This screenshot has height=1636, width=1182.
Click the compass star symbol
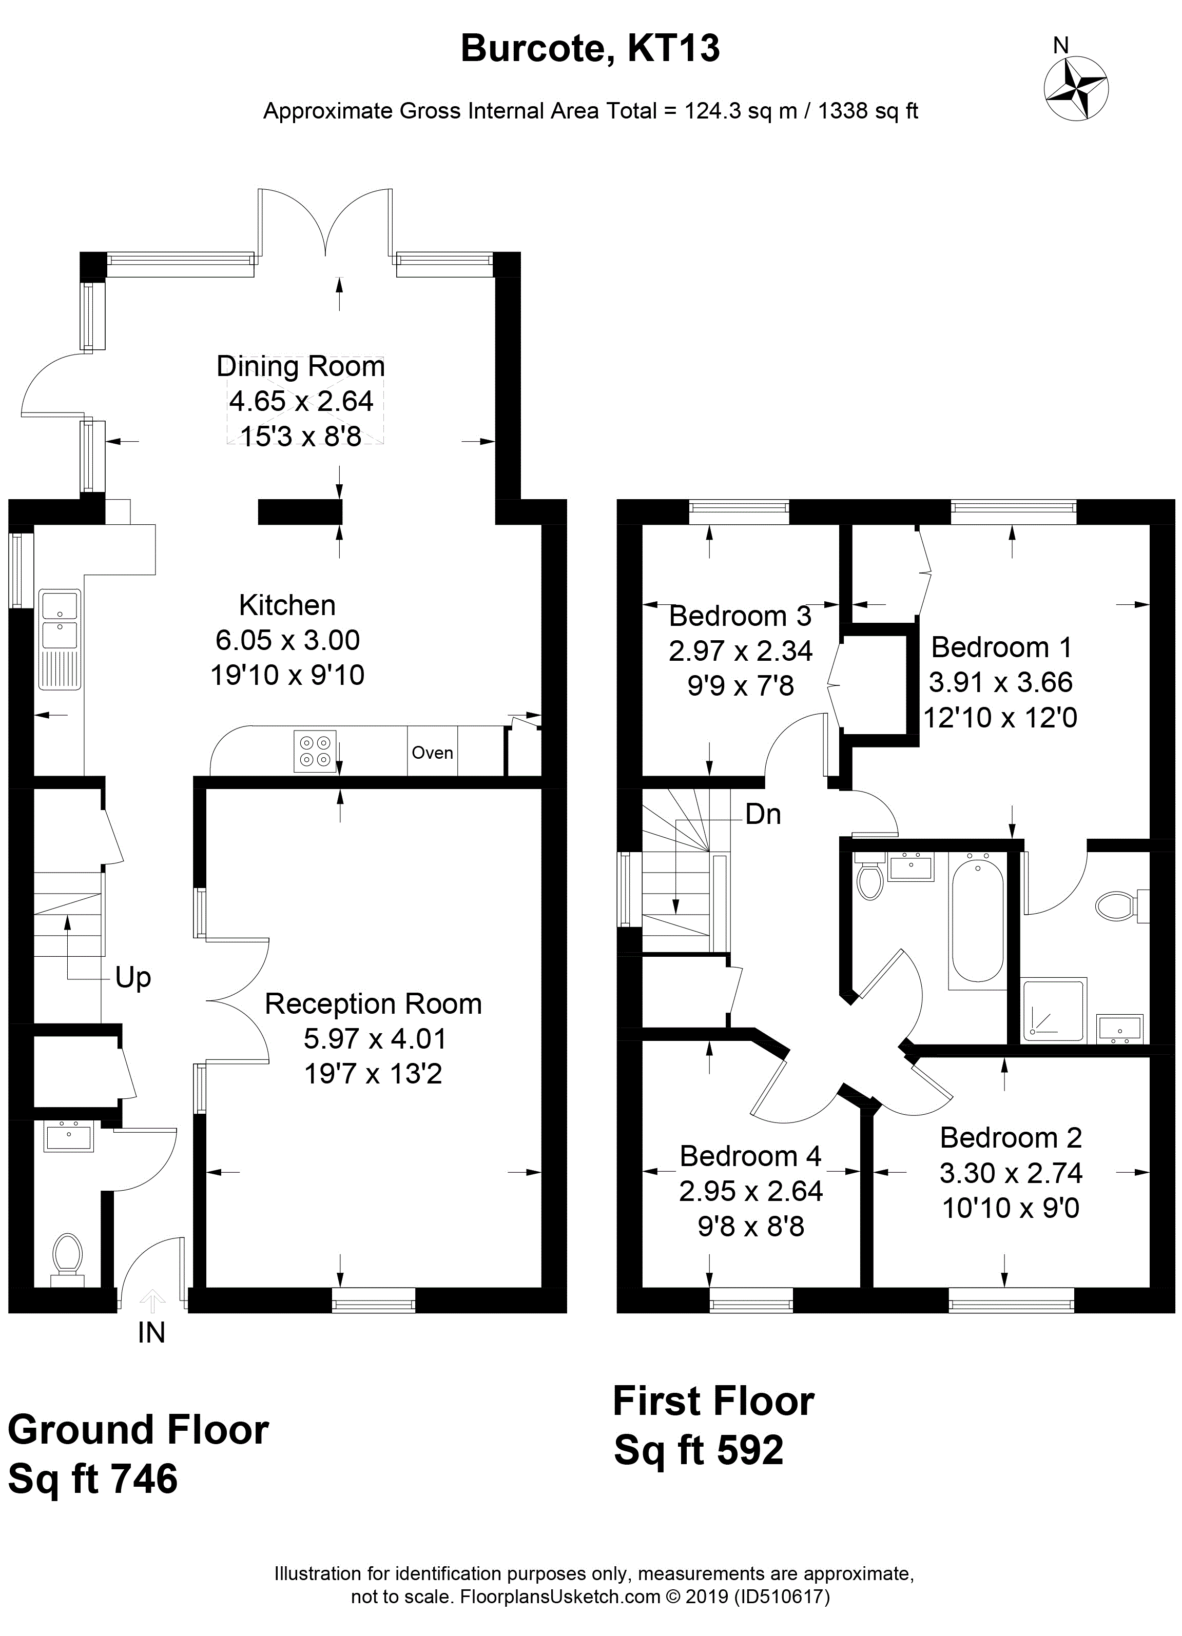coord(1076,89)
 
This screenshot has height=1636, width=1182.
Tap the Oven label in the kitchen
coord(432,753)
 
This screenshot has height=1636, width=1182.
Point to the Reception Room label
coord(373,1004)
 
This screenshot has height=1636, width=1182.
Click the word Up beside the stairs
coord(133,979)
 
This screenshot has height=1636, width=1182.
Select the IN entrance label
coord(151,1333)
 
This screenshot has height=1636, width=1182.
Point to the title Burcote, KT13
coord(590,49)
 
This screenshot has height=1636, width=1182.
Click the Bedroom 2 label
coord(1011,1138)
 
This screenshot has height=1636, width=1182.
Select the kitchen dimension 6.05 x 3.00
coord(287,640)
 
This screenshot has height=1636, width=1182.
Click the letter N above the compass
coord(1061,46)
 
